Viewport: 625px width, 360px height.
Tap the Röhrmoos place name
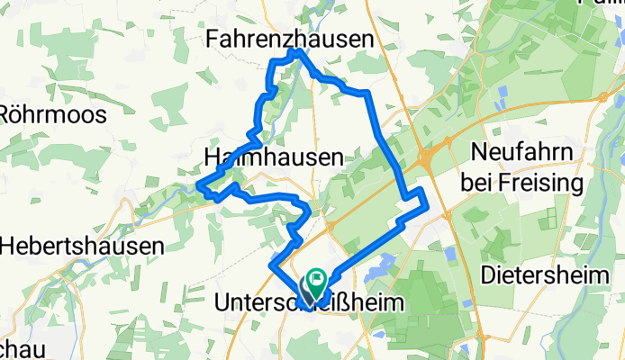[x=54, y=115]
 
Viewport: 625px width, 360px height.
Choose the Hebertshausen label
[x=82, y=246]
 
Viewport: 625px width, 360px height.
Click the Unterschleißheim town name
[x=307, y=305]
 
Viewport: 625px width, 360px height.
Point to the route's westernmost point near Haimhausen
[x=200, y=185]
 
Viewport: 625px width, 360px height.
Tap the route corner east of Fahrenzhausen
[x=367, y=93]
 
